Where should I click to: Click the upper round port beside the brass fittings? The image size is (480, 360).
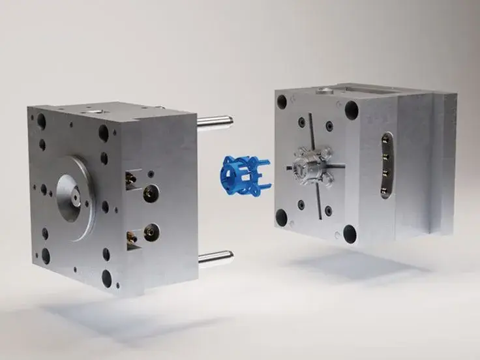click(151, 192)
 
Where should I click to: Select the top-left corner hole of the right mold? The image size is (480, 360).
click(282, 102)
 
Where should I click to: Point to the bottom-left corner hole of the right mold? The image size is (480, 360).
click(282, 217)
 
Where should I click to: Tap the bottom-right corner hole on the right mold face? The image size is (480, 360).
click(350, 233)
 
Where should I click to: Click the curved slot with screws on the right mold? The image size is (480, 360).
click(387, 166)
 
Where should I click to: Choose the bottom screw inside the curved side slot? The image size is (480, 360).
click(387, 190)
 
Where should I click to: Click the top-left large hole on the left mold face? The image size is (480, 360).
click(41, 121)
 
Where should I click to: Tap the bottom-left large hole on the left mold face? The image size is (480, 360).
click(46, 256)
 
